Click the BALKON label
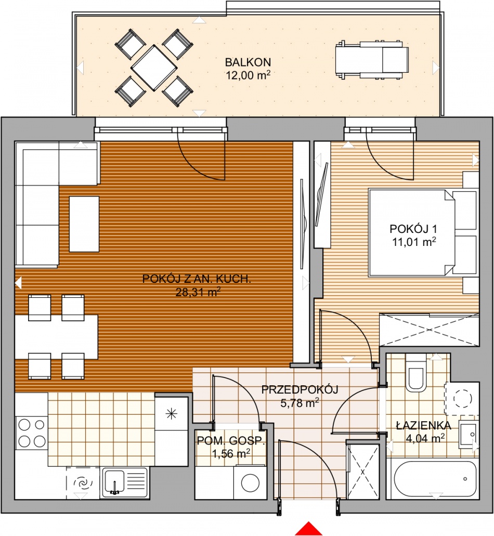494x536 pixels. point(248,62)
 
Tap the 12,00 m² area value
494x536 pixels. point(248,75)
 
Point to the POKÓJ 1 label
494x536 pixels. point(413,229)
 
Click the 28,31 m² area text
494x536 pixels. point(198,292)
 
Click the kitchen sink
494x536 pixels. point(125,482)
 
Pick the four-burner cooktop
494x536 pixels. point(31,433)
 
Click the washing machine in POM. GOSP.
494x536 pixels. point(250,482)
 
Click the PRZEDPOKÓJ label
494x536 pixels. point(300,390)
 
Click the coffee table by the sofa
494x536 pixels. point(84,224)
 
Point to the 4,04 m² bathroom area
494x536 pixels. point(425,438)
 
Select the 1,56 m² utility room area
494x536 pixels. point(231,454)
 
